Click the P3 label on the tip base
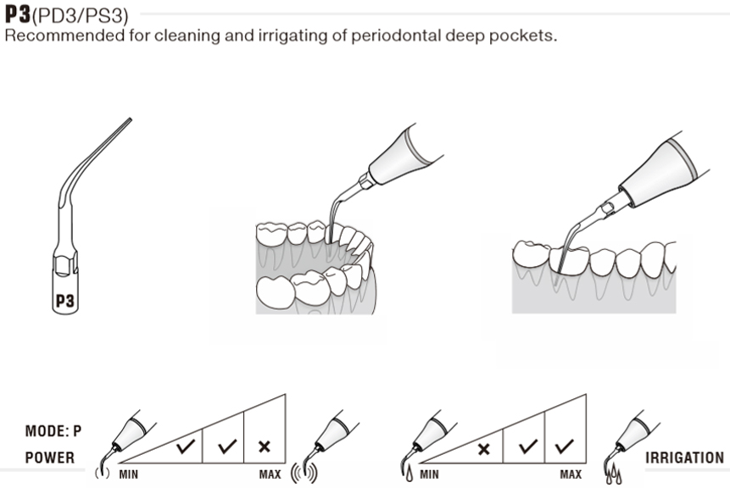[x=65, y=300]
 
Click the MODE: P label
[x=53, y=431]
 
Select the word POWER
[x=49, y=457]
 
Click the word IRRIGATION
[x=684, y=457]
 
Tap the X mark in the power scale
[x=264, y=446]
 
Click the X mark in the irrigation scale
[x=483, y=448]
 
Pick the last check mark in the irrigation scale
[x=563, y=446]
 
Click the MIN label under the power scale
[x=128, y=474]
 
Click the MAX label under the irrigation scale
[x=571, y=474]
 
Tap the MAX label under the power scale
[x=270, y=474]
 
